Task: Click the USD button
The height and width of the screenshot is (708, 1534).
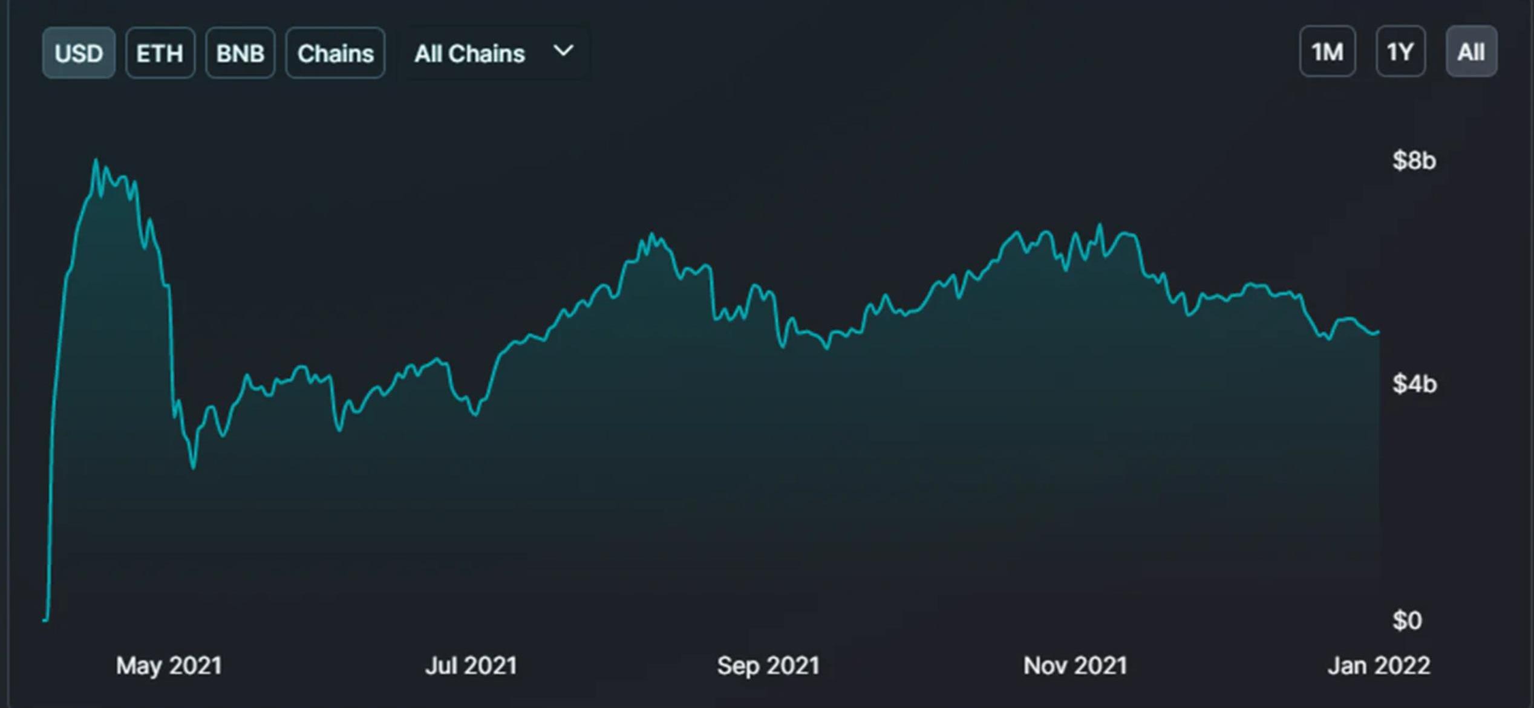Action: tap(79, 53)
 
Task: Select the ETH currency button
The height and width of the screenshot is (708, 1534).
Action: tap(160, 53)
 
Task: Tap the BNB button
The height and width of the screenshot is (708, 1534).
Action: tap(240, 53)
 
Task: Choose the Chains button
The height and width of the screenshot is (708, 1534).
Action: tap(335, 53)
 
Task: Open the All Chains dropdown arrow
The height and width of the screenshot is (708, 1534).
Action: tap(563, 51)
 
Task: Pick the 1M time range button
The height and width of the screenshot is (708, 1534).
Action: tap(1327, 52)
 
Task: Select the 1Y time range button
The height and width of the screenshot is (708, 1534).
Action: tap(1400, 52)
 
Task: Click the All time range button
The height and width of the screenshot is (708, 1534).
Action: tap(1471, 52)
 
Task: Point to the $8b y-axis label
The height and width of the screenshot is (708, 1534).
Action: tap(1414, 161)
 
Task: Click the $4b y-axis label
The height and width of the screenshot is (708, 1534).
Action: tap(1414, 384)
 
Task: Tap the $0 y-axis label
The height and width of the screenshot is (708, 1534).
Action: tap(1407, 621)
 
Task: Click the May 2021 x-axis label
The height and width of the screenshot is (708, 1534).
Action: tap(169, 666)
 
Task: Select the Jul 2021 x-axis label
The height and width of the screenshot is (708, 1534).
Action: tap(471, 666)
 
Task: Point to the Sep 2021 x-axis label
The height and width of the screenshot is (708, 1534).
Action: tap(768, 666)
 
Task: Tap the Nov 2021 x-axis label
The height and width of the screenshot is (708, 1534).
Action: tap(1075, 666)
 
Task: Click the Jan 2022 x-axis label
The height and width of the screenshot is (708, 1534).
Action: tap(1379, 666)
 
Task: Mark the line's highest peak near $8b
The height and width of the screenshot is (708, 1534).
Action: tap(96, 160)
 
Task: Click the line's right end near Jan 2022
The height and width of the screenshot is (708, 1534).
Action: tap(1378, 331)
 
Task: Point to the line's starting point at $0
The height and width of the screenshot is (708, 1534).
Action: tap(44, 620)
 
